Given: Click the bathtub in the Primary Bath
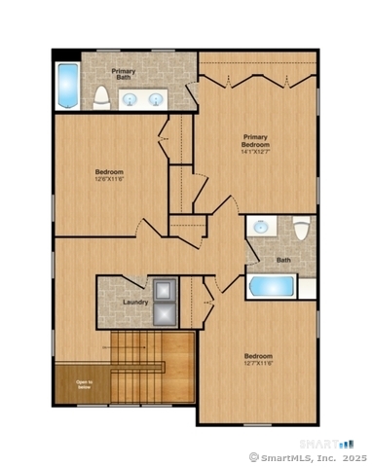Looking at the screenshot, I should [66, 87].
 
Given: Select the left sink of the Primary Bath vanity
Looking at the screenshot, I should [130, 98].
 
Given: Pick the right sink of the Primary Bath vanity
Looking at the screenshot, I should [156, 98].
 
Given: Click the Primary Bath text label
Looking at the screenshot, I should [124, 76].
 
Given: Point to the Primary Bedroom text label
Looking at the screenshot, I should [255, 140].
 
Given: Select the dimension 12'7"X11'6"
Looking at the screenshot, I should [258, 364].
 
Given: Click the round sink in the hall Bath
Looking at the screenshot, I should [261, 227].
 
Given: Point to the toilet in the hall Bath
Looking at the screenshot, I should [302, 230].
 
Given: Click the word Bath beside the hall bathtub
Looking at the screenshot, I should [283, 260].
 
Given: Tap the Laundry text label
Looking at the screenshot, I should [135, 303].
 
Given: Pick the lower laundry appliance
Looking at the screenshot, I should [163, 313].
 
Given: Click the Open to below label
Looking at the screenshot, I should [85, 384].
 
